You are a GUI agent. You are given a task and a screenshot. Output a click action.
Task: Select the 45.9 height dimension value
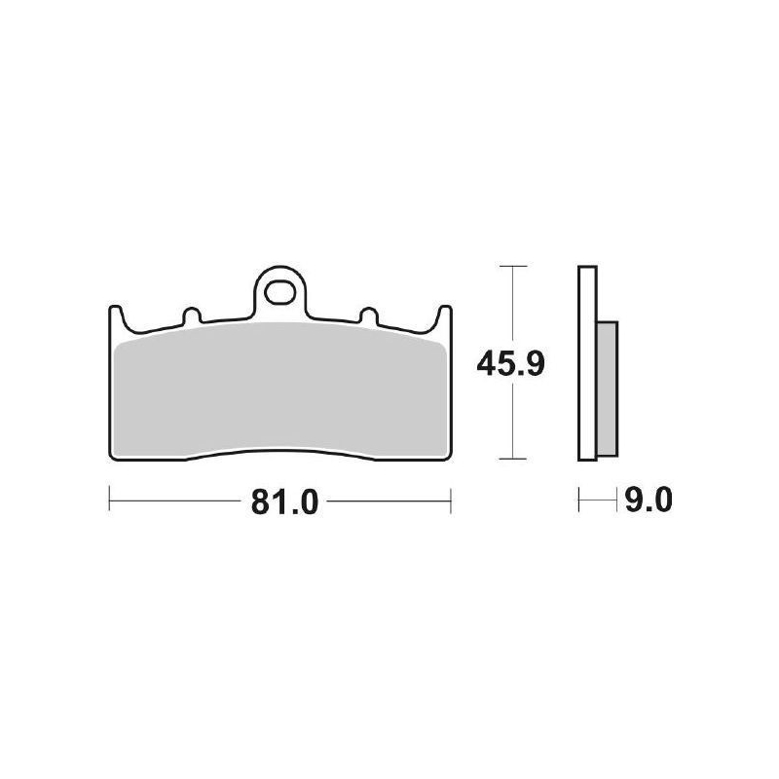point(509,364)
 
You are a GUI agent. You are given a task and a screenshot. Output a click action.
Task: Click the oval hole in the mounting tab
point(282,289)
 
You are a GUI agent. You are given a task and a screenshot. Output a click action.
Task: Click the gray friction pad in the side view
point(605,389)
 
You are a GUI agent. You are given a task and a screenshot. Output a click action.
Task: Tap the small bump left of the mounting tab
point(191,316)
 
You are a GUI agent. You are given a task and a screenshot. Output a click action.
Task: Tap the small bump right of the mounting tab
point(369,316)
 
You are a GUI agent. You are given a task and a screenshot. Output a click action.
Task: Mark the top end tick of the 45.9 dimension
point(512,266)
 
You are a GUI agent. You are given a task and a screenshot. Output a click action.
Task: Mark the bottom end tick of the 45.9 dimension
point(512,458)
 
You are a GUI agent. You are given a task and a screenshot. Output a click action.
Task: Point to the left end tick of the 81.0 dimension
point(109,502)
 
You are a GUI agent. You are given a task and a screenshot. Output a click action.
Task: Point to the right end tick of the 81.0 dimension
point(451,502)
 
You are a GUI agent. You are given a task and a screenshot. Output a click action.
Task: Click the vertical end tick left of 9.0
point(579,502)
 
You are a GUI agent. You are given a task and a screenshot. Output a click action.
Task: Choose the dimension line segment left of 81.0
point(175,502)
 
